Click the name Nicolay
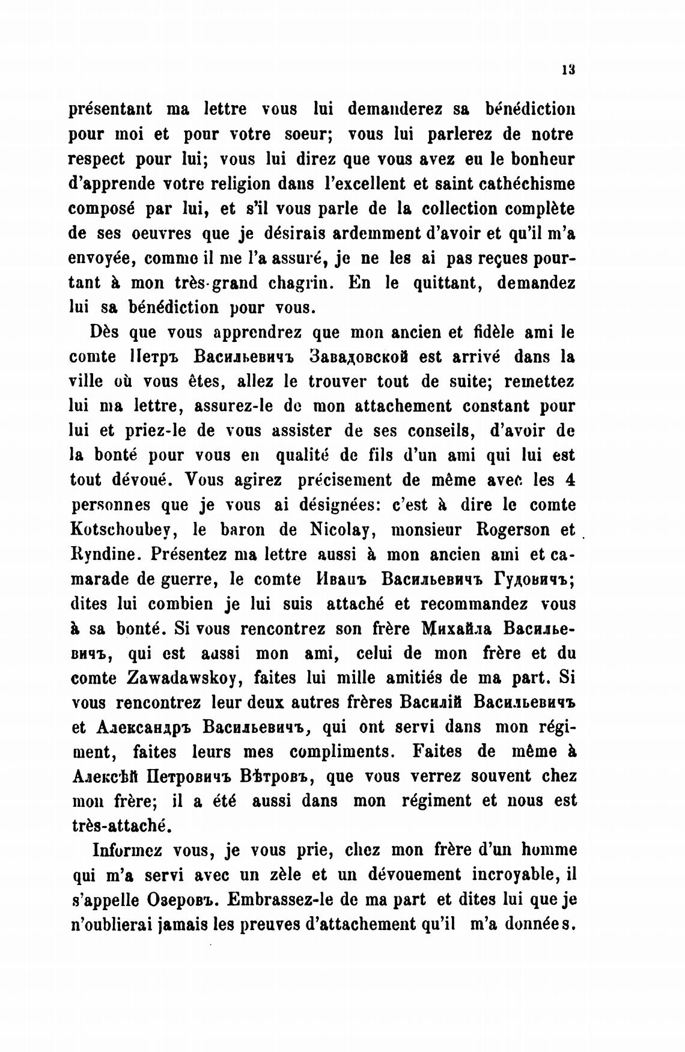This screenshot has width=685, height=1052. point(344,529)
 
